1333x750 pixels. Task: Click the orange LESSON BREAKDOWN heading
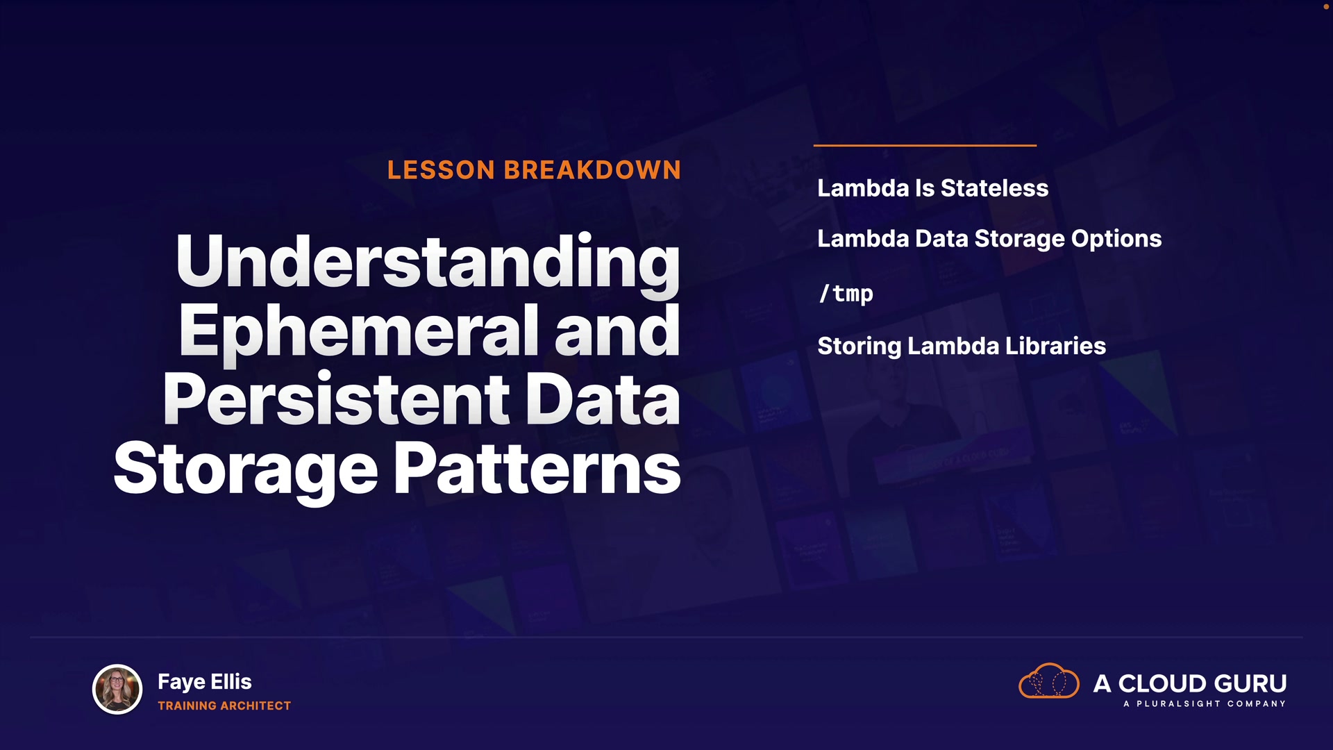coord(534,170)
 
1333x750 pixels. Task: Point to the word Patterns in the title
coord(537,469)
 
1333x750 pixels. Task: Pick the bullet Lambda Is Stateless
coord(932,188)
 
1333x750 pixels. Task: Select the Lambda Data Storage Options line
coord(989,239)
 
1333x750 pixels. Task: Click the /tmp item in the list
coord(846,293)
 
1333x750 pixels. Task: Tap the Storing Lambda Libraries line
coord(962,346)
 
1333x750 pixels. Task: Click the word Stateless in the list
coord(994,188)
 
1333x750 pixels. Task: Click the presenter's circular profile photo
coord(117,690)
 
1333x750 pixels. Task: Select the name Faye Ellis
coord(205,682)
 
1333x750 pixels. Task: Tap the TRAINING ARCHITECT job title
coord(224,706)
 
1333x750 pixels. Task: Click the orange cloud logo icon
coord(1048,681)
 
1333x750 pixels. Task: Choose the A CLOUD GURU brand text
coord(1190,683)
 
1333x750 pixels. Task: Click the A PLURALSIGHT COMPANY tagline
coord(1205,704)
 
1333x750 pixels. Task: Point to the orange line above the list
coord(925,145)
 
